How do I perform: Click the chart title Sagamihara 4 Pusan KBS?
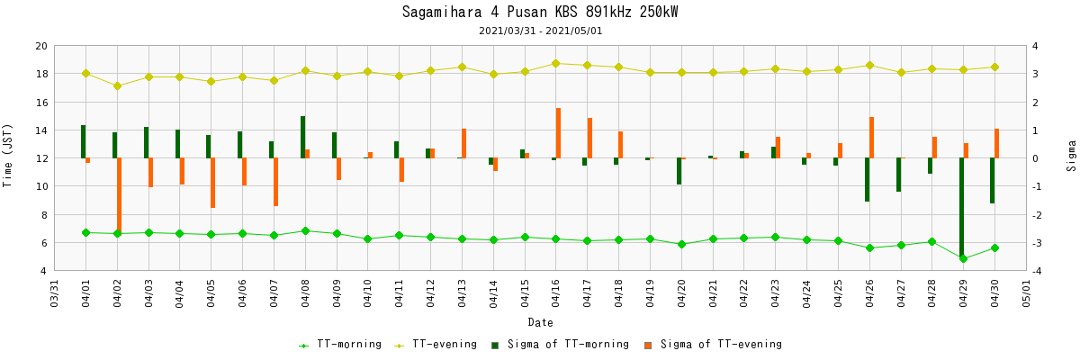[540, 13]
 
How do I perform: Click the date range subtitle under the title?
[540, 31]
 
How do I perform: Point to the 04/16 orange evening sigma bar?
[558, 133]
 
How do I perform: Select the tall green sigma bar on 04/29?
[961, 208]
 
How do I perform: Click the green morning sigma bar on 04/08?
[302, 137]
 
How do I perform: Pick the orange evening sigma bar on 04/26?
[871, 138]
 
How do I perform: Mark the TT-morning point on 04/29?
[963, 258]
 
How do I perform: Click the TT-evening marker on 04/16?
[555, 63]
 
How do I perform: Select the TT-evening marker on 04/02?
[117, 85]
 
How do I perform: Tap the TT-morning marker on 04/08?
[305, 231]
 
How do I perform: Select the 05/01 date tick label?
[1027, 293]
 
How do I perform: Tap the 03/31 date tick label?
[55, 293]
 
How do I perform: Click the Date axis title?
[540, 322]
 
